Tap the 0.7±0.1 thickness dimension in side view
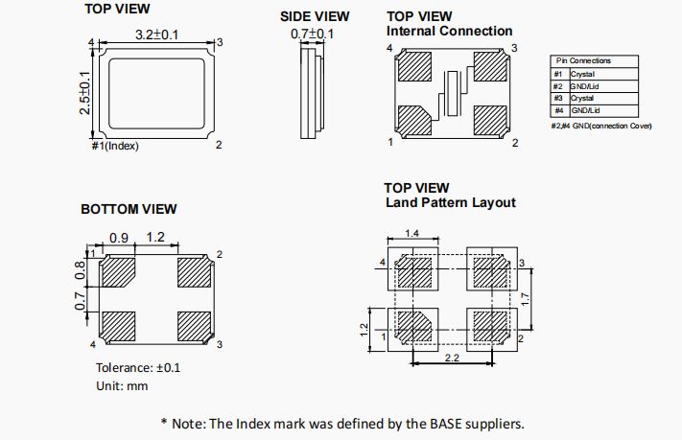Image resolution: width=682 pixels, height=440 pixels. pyautogui.click(x=313, y=35)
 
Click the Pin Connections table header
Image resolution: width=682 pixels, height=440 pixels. pyautogui.click(x=582, y=60)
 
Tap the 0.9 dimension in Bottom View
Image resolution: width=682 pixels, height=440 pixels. pyautogui.click(x=119, y=237)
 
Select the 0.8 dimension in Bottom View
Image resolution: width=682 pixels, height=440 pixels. pyautogui.click(x=82, y=272)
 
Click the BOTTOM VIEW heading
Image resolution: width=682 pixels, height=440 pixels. pyautogui.click(x=129, y=209)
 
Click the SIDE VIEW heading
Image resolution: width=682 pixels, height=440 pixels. pyautogui.click(x=315, y=16)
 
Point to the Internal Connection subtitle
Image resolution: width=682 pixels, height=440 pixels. pyautogui.click(x=449, y=31)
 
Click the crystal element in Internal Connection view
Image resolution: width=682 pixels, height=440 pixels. pyautogui.click(x=450, y=94)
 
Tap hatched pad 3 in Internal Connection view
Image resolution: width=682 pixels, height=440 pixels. pyautogui.click(x=493, y=69)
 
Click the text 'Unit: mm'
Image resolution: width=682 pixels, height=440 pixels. pyautogui.click(x=122, y=385)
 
